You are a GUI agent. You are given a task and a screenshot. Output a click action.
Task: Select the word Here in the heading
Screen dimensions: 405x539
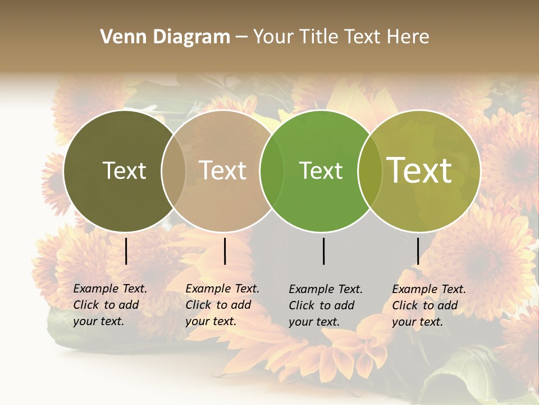(408, 37)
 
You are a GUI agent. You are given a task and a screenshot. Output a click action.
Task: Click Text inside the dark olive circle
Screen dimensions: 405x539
(124, 170)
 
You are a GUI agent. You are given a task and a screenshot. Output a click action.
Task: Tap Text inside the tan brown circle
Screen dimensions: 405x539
(223, 170)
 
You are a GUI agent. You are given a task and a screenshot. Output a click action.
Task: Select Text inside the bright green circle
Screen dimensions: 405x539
(321, 170)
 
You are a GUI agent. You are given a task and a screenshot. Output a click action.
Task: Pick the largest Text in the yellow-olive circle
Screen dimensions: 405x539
(419, 170)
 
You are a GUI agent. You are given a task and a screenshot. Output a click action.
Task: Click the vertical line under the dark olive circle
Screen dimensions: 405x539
(126, 251)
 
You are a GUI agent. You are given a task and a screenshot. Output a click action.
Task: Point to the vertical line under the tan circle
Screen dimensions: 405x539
(225, 251)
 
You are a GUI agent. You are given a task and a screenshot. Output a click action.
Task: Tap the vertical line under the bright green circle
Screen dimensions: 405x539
(324, 251)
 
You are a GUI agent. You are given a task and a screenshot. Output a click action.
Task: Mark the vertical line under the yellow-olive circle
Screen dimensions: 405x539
(418, 251)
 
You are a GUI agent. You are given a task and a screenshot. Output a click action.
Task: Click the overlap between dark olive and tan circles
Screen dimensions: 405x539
(173, 171)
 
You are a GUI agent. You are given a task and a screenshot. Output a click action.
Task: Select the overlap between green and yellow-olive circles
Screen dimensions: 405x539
(369, 171)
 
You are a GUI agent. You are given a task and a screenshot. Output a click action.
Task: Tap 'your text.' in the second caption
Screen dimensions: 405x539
(211, 321)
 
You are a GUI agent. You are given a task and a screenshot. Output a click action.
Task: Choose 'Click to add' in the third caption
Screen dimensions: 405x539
(322, 305)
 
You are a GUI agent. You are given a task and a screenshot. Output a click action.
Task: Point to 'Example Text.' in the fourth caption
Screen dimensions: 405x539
(429, 289)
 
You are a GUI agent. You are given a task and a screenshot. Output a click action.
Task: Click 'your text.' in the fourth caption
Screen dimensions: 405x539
(417, 322)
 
